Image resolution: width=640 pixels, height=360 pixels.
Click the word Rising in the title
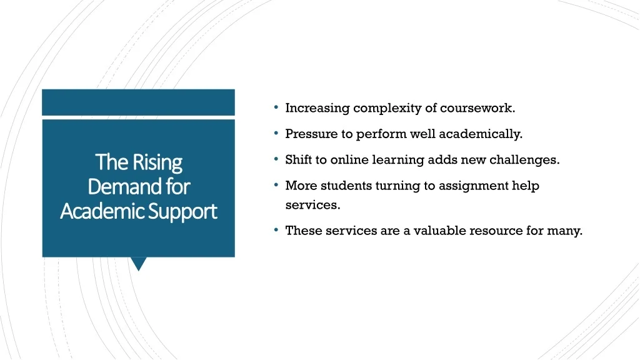pos(157,163)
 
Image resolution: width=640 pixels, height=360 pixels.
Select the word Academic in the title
pos(102,211)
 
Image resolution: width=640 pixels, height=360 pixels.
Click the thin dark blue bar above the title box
pos(138,102)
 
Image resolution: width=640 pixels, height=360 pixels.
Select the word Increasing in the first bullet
pos(317,109)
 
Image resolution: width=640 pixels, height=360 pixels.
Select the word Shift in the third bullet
pos(298,159)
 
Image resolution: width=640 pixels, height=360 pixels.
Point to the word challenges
pos(524,160)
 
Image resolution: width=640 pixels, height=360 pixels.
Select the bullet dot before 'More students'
pos(276,185)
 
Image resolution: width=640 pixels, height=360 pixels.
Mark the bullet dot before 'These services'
pos(276,230)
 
